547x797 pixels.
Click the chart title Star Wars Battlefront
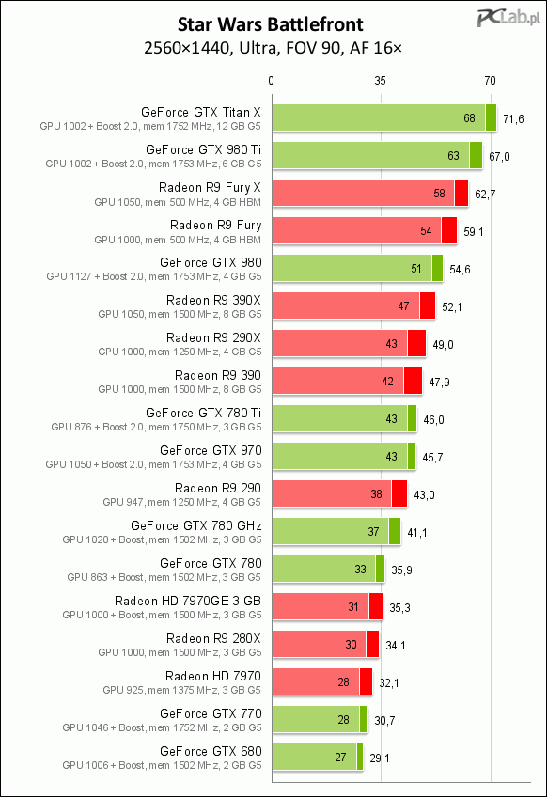[271, 24]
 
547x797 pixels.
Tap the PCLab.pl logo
[508, 19]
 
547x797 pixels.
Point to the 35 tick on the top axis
[381, 80]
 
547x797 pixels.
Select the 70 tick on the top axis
[490, 80]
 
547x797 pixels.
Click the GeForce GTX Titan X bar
[384, 117]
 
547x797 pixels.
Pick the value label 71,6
[513, 119]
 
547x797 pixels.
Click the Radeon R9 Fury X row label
[210, 188]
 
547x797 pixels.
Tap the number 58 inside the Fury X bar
[439, 194]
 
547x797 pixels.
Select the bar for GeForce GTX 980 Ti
[378, 155]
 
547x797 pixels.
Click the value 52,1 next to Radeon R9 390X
[452, 307]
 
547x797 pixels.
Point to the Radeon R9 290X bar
[350, 344]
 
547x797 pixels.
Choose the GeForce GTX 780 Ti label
[203, 413]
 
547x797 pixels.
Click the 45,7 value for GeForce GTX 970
[432, 458]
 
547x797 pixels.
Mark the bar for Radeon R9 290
[340, 494]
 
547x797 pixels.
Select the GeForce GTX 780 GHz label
[196, 525]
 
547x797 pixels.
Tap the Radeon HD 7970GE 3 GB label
[188, 601]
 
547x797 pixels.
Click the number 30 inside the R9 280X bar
[351, 645]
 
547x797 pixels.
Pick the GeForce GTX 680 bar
[319, 758]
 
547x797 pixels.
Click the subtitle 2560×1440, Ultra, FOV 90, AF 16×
[273, 48]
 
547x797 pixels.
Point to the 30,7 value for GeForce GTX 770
[384, 721]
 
